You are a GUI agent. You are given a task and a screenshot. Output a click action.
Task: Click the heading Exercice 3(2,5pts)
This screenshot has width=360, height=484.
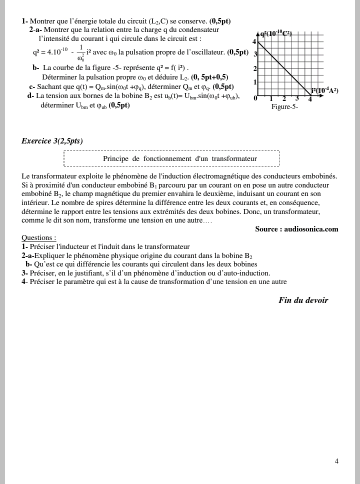click(x=52, y=141)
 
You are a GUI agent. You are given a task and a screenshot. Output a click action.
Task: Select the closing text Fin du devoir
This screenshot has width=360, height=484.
click(x=303, y=300)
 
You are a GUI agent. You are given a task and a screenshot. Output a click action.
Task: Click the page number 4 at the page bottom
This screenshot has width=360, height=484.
click(x=336, y=461)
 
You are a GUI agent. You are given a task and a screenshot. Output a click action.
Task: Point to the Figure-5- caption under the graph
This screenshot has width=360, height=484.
click(x=284, y=107)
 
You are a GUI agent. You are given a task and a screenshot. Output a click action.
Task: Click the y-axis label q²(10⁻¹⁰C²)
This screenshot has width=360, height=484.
click(x=275, y=34)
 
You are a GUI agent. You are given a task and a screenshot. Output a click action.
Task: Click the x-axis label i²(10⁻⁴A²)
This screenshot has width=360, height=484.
click(x=324, y=90)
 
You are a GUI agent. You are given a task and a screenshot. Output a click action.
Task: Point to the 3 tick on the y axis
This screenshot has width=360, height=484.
click(x=255, y=54)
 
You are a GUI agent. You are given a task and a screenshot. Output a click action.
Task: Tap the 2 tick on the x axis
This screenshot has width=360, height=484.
click(x=284, y=99)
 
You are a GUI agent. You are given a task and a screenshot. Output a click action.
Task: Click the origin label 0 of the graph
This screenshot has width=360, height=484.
click(x=255, y=98)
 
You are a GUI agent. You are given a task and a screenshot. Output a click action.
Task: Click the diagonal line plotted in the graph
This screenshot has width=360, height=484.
click(x=284, y=68)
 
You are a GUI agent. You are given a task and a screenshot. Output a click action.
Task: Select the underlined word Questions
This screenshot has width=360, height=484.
click(x=38, y=238)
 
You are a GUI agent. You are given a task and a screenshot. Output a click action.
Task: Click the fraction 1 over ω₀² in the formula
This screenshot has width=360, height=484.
click(x=81, y=52)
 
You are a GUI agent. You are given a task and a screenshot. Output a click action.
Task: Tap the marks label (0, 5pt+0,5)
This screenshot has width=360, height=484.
click(x=209, y=77)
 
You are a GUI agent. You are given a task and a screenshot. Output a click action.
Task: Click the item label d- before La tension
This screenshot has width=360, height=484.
click(x=30, y=96)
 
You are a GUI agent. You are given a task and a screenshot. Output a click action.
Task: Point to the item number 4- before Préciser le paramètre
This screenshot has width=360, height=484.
click(x=24, y=282)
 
